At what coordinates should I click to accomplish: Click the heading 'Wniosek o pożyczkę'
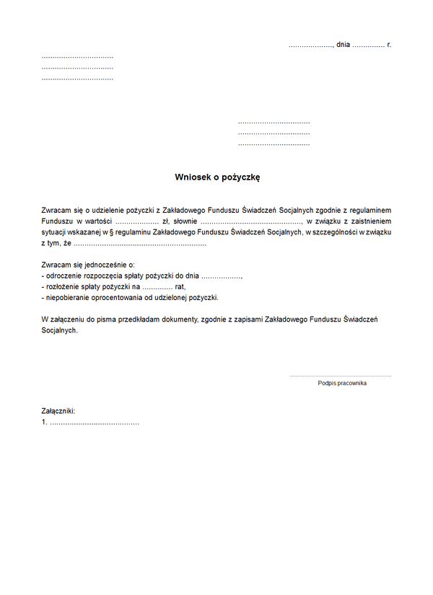[211, 177]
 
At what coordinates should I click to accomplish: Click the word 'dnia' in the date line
[343, 45]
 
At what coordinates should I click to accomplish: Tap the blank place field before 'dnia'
[310, 45]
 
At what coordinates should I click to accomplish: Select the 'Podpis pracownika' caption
[342, 383]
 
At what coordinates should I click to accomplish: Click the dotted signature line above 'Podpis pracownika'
[341, 376]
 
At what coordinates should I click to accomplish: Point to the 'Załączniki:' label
[58, 411]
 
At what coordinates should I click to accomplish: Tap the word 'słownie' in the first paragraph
[185, 221]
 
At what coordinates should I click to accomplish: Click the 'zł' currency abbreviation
[167, 221]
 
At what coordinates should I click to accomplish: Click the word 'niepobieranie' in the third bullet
[67, 297]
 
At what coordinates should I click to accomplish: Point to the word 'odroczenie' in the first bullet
[63, 276]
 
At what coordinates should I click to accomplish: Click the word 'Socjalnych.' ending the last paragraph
[59, 330]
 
